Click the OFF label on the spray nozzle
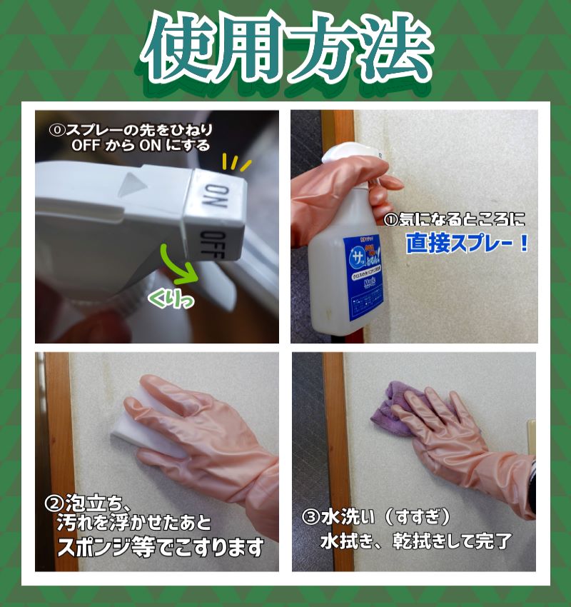(x=213, y=245)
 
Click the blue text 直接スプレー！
(x=468, y=244)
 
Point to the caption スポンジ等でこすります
(x=161, y=548)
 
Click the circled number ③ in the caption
(x=310, y=516)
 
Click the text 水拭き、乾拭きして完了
(x=415, y=541)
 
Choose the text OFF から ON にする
(x=141, y=146)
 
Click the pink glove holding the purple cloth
(x=464, y=443)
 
